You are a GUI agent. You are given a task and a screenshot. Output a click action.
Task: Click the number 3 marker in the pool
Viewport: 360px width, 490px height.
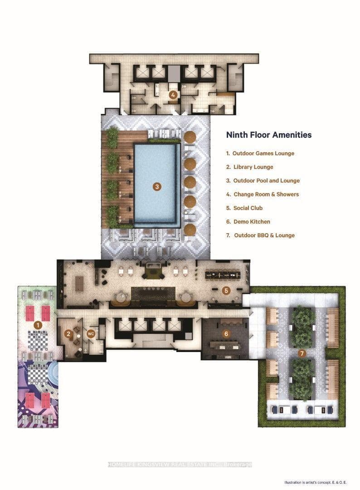[x=157, y=187]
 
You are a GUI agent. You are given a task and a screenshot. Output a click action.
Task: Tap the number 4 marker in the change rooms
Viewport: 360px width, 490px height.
[x=173, y=95]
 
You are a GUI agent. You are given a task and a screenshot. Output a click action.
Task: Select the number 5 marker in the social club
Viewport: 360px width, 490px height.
[x=226, y=291]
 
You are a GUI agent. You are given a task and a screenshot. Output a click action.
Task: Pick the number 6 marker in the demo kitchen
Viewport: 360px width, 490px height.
[x=226, y=334]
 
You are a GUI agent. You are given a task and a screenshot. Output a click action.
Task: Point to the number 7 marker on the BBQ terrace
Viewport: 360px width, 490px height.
[x=302, y=353]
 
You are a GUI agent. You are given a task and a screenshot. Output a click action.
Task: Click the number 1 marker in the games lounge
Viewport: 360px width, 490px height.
[x=38, y=325]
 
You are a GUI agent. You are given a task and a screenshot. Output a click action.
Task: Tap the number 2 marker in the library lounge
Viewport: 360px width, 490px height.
[x=68, y=334]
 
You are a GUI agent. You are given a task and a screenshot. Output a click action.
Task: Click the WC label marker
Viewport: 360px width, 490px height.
[x=91, y=334]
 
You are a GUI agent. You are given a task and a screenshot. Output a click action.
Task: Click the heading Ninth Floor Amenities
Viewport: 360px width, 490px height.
[x=269, y=135]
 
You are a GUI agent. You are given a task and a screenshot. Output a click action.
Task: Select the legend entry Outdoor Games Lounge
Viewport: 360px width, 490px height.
[x=260, y=153]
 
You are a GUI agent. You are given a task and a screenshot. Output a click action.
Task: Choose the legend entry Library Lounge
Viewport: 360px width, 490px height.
[x=249, y=167]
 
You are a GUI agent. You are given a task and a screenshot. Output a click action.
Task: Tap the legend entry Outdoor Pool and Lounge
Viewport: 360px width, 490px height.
[x=263, y=181]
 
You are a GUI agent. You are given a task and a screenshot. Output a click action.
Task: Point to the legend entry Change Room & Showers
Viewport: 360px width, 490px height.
[x=262, y=194]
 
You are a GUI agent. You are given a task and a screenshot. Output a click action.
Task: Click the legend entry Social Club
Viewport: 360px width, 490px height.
[x=244, y=208]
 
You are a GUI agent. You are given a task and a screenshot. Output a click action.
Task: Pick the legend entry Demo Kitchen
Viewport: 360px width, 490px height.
[x=248, y=221]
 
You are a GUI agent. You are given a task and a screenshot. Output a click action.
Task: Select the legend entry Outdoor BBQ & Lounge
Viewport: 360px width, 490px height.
[x=260, y=235]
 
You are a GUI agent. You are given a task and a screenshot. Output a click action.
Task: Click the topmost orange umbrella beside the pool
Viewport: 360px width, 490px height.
[x=190, y=137]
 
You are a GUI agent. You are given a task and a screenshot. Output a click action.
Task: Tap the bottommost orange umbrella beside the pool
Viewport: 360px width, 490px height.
[x=190, y=230]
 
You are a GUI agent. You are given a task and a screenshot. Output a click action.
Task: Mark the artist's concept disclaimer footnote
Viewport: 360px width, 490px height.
[x=316, y=482]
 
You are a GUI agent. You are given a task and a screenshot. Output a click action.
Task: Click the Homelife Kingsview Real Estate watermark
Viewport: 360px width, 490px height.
[x=180, y=465]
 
